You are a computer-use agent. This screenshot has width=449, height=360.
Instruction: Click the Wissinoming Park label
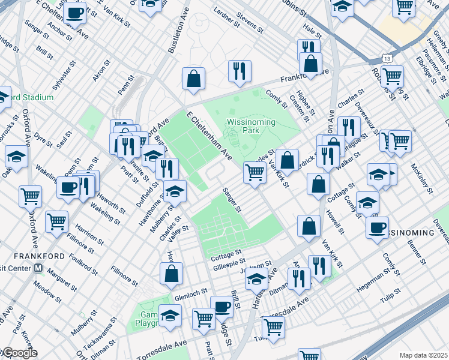(250, 127)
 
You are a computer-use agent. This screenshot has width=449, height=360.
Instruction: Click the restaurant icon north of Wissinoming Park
(240, 71)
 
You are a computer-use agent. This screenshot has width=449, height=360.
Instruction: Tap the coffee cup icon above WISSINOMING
(378, 228)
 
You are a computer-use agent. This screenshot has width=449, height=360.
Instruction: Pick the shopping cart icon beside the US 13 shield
(392, 76)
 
